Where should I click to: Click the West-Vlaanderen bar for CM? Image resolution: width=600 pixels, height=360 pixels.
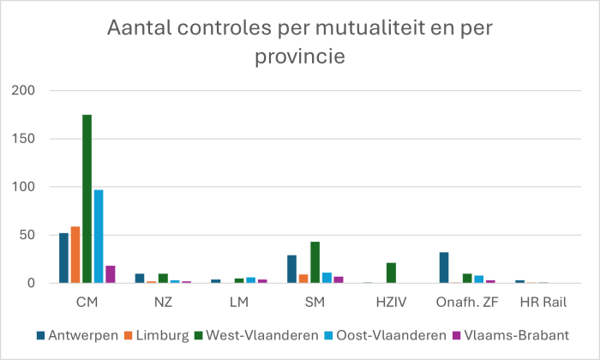click(x=87, y=199)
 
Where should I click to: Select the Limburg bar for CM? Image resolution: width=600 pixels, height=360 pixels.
click(x=75, y=255)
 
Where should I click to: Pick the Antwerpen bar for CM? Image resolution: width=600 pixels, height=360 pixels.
click(x=63, y=258)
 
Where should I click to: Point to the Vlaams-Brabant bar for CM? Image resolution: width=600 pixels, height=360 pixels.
click(x=110, y=274)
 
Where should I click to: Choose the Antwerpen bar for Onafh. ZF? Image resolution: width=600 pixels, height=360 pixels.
click(x=444, y=267)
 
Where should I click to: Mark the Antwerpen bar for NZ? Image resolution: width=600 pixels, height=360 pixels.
click(x=140, y=279)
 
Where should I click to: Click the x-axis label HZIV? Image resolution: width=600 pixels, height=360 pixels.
click(x=391, y=303)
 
